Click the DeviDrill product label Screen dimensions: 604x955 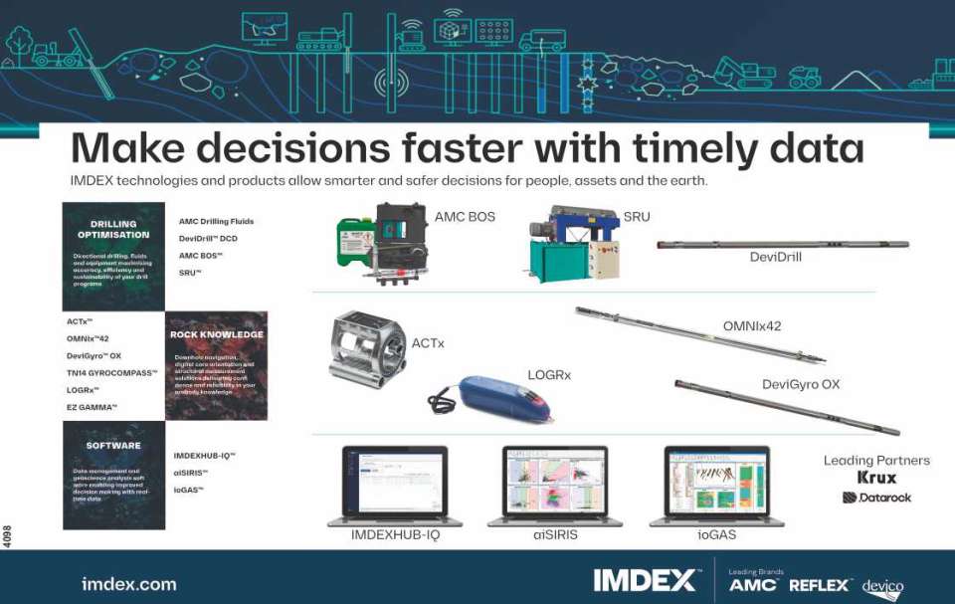pyautogui.click(x=775, y=257)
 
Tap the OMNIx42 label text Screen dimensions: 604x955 pyautogui.click(x=752, y=326)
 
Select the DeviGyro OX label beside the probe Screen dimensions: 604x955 pyautogui.click(x=801, y=384)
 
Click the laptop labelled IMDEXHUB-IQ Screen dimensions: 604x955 pyautogui.click(x=395, y=485)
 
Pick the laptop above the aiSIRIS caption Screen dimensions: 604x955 pyautogui.click(x=555, y=485)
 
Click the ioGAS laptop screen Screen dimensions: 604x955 pyautogui.click(x=717, y=480)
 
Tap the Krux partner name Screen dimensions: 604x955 pyautogui.click(x=876, y=478)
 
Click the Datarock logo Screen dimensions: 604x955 pyautogui.click(x=876, y=497)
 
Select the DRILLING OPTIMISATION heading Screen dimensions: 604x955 pyautogui.click(x=113, y=230)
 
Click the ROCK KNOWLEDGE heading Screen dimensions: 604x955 pyautogui.click(x=217, y=334)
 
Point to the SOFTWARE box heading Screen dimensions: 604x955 pyautogui.click(x=113, y=446)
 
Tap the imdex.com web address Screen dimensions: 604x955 pyautogui.click(x=128, y=584)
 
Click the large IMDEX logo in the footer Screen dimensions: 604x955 pyautogui.click(x=645, y=581)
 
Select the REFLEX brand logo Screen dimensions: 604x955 pyautogui.click(x=820, y=585)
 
